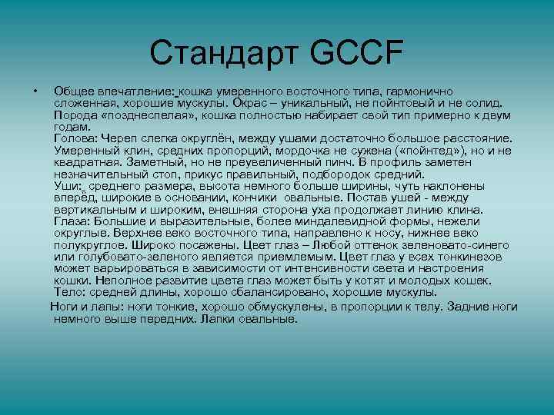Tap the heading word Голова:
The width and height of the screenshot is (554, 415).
click(x=75, y=138)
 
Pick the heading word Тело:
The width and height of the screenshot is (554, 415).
click(x=69, y=293)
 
